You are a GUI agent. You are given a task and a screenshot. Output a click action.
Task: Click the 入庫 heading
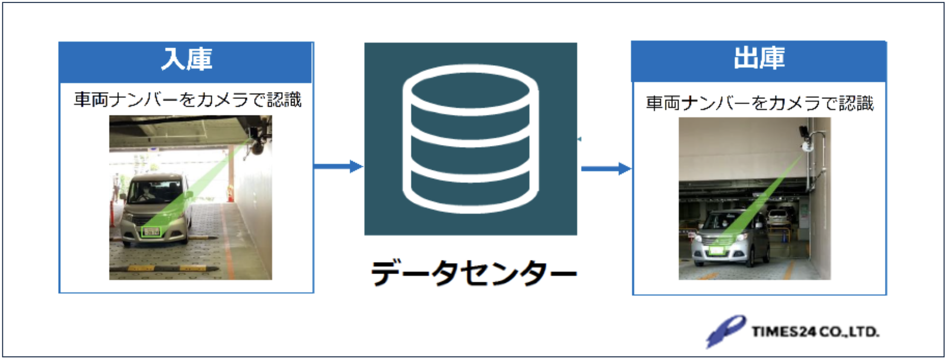(186, 59)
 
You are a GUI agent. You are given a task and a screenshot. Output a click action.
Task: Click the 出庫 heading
(759, 58)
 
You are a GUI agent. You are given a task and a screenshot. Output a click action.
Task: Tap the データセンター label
(473, 273)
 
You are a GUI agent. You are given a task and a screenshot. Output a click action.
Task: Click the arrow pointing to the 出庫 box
(606, 168)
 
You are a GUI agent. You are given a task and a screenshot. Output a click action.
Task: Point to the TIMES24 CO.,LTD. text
(815, 332)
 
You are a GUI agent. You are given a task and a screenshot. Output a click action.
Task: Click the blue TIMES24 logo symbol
(725, 331)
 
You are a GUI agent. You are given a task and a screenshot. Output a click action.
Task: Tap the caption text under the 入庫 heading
(187, 100)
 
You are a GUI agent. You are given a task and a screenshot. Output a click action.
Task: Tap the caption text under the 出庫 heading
(759, 103)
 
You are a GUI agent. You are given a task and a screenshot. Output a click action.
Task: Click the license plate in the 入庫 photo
(151, 232)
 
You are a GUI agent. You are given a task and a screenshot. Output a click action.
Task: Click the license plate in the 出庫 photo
(716, 250)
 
